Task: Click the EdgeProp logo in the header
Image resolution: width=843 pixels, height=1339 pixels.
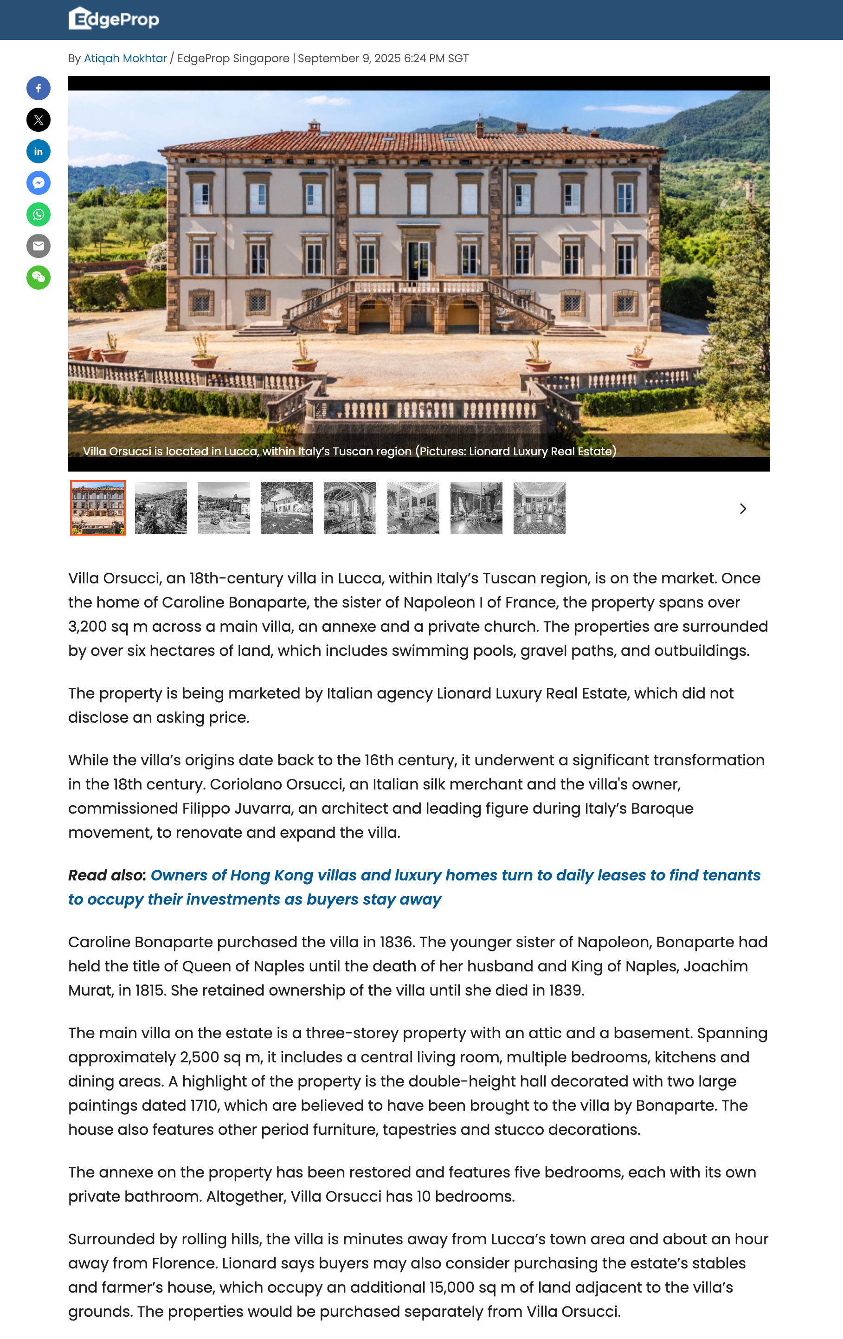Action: point(113,19)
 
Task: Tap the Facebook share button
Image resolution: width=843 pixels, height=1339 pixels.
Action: point(39,88)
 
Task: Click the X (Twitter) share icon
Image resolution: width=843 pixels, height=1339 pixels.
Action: point(39,120)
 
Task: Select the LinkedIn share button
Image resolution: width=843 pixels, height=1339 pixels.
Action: point(39,152)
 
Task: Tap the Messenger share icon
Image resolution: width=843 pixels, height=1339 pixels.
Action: point(39,183)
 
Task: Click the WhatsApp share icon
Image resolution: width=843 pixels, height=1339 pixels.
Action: point(39,214)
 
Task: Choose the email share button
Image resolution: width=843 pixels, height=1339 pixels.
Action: point(39,246)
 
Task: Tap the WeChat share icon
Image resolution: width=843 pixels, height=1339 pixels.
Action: point(39,278)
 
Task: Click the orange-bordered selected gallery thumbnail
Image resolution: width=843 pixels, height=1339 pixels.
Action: point(98,508)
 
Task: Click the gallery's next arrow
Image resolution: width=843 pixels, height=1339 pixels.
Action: point(743,509)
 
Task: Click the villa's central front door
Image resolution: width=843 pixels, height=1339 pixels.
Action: point(418,260)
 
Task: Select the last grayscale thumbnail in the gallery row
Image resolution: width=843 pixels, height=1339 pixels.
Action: point(539,508)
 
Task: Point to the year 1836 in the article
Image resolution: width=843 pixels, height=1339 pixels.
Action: point(397,942)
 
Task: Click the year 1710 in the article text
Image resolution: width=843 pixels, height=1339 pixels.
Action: point(204,1106)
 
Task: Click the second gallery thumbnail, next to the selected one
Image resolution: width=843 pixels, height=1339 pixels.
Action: point(161,508)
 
